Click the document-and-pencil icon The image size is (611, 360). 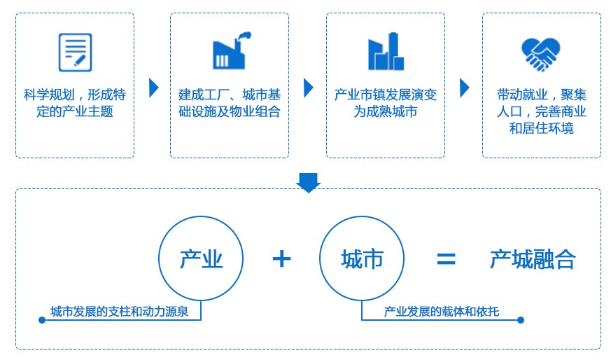(75, 51)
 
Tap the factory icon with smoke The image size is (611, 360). (231, 51)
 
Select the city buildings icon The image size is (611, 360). (386, 52)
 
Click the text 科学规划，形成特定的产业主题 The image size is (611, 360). (75, 102)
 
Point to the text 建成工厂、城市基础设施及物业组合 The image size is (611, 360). (230, 102)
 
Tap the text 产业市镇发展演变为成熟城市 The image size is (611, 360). (386, 102)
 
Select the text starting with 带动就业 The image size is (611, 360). (542, 111)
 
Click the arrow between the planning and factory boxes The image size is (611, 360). (154, 88)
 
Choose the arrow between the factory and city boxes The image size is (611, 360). (309, 88)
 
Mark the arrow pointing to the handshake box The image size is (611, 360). (464, 88)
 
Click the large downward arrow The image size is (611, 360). (308, 182)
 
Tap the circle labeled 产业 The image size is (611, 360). (201, 259)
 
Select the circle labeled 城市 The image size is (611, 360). (362, 259)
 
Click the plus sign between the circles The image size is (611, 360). (281, 259)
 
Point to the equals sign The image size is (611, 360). (446, 260)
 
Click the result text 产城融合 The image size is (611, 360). (533, 260)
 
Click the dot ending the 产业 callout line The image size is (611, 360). (42, 320)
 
